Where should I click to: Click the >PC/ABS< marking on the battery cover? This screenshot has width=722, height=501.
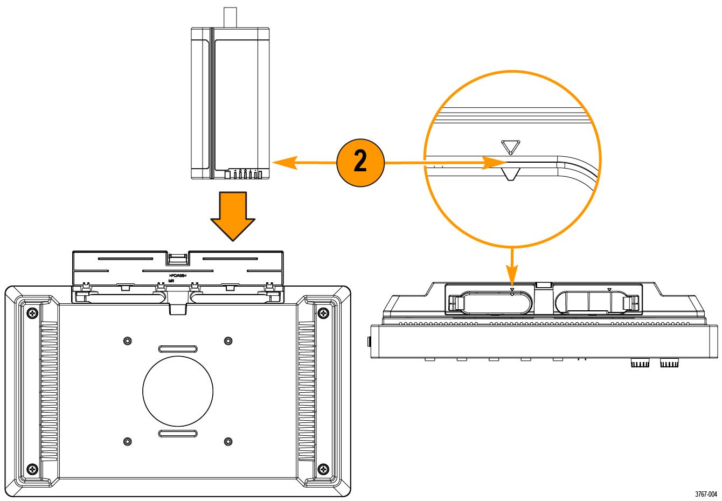pyautogui.click(x=177, y=275)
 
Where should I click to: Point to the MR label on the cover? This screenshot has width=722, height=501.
pyautogui.click(x=171, y=281)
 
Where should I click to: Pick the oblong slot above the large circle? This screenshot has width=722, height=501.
pyautogui.click(x=178, y=349)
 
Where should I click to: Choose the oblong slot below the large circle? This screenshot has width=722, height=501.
pyautogui.click(x=178, y=434)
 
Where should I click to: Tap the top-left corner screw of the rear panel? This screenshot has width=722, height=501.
pyautogui.click(x=32, y=313)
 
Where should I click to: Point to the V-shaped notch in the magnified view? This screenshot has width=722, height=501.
pyautogui.click(x=509, y=174)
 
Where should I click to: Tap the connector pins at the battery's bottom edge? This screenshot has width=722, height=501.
pyautogui.click(x=245, y=174)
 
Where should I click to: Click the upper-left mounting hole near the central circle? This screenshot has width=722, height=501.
pyautogui.click(x=127, y=341)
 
